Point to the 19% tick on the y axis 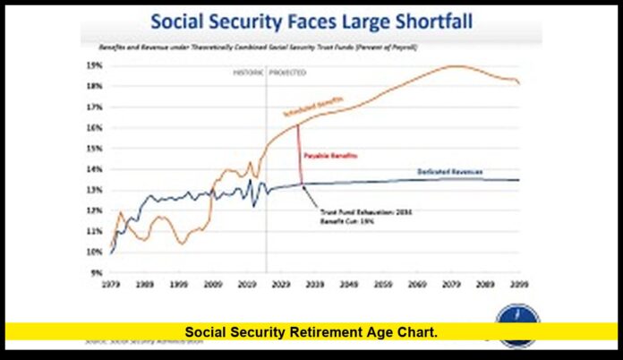point(94,65)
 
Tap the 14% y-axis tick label point(94,169)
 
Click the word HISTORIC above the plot point(245,72)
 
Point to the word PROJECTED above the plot point(287,72)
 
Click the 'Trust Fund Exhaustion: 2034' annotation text point(354,212)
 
